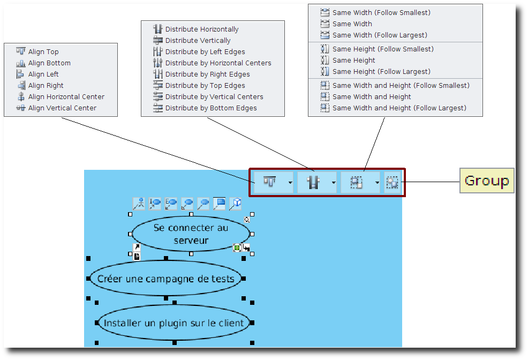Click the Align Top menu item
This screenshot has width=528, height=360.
tap(43, 52)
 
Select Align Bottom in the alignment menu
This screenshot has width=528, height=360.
tap(49, 63)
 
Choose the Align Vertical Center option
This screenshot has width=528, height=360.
tap(62, 108)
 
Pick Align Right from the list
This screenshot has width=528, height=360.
tap(46, 86)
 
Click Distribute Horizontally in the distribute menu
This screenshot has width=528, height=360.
tap(202, 29)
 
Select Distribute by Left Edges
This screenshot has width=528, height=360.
tap(205, 52)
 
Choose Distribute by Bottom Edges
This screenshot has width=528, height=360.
tap(211, 108)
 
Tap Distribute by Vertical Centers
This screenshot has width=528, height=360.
tap(214, 97)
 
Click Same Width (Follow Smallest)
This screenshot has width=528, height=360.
tap(381, 12)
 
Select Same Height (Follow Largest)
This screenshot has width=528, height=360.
tap(381, 72)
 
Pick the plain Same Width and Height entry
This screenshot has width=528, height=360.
tap(372, 97)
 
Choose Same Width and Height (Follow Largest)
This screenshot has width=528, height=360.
tap(399, 108)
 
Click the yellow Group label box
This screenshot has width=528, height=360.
tap(487, 181)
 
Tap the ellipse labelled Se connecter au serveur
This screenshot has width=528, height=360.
tap(191, 234)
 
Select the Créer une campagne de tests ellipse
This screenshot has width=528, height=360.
tap(166, 279)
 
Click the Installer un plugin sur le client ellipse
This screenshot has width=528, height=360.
tap(174, 323)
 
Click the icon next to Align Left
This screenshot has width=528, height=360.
tap(20, 74)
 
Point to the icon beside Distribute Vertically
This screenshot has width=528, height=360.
tap(157, 41)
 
